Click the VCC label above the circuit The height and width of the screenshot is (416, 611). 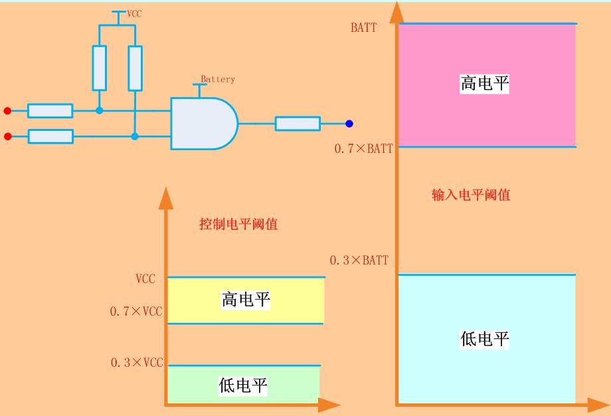pos(135,13)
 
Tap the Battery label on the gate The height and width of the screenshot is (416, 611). pos(218,79)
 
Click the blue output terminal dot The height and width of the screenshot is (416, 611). pos(349,124)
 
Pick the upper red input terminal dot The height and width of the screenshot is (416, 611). pos(7,110)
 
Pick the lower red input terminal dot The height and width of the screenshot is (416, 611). pos(7,137)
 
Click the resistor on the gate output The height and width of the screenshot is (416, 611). pos(298,124)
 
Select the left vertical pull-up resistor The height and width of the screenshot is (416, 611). pos(100,68)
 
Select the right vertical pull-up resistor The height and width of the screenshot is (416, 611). pos(135,68)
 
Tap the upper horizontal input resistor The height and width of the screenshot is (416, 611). pos(50,111)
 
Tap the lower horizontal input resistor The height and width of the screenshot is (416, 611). pos(50,137)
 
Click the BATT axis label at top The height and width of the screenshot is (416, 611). pos(363,28)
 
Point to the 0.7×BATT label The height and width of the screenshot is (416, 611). pos(363,149)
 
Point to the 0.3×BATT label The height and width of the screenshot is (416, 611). pos(359,260)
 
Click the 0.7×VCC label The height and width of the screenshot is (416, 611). pos(136,312)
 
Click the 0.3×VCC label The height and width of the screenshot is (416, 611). pos(136,363)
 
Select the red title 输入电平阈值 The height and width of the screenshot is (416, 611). pos(471,195)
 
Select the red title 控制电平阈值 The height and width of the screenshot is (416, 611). pos(238,224)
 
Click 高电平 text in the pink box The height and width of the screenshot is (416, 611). pos(485,84)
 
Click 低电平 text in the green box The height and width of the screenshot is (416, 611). pos(243,385)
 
